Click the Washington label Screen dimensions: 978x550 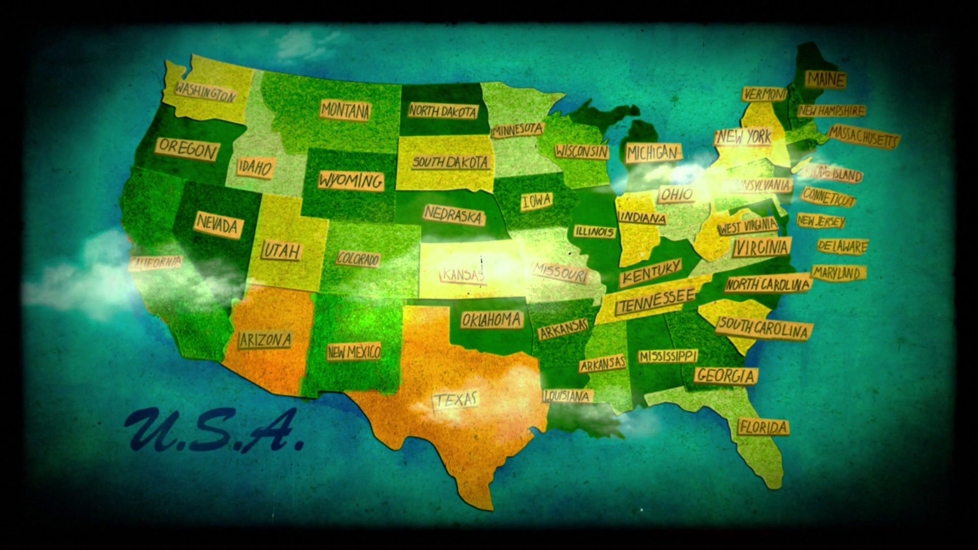pyautogui.click(x=205, y=92)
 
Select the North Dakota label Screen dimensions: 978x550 pyautogui.click(x=443, y=111)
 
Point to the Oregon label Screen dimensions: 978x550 pyautogui.click(x=188, y=149)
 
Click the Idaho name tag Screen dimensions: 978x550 pyautogui.click(x=255, y=168)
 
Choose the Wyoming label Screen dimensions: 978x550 pyautogui.click(x=350, y=181)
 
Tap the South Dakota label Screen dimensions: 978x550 pyautogui.click(x=450, y=162)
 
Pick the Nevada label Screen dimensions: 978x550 pyautogui.click(x=218, y=224)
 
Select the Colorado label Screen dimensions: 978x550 pyautogui.click(x=358, y=259)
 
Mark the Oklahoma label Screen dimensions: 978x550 pyautogui.click(x=492, y=320)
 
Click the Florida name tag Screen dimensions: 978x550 pyautogui.click(x=763, y=427)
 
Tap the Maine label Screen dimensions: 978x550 pyautogui.click(x=825, y=79)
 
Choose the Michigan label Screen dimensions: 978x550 pyautogui.click(x=653, y=153)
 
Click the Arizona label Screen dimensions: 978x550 pyautogui.click(x=265, y=340)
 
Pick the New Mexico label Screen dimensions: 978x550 pyautogui.click(x=354, y=351)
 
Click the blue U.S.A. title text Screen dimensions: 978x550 pyautogui.click(x=214, y=432)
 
